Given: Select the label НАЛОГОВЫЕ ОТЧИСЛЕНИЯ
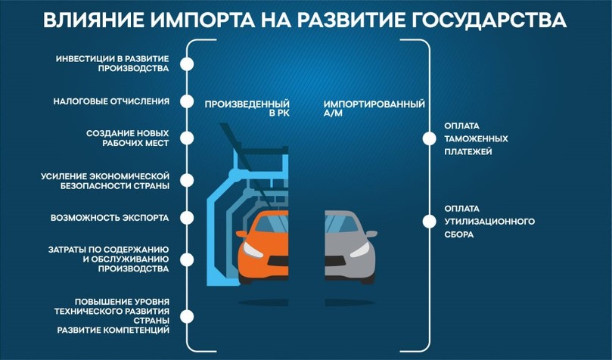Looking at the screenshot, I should (x=111, y=101).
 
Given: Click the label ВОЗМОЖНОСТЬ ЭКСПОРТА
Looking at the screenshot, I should (x=110, y=218).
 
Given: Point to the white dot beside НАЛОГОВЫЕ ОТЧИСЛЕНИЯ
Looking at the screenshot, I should (x=187, y=101).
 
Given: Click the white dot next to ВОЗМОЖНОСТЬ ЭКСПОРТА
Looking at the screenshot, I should (x=187, y=218).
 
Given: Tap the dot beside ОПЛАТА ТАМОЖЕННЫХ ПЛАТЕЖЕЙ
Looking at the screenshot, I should (x=429, y=138).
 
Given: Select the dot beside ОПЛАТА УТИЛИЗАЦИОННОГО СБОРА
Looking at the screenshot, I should (x=429, y=221).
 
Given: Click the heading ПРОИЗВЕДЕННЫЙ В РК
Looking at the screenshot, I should (x=247, y=108).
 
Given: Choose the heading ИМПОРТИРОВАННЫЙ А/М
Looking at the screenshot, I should (x=374, y=108).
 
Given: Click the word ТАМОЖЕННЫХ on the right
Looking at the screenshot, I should (x=476, y=138).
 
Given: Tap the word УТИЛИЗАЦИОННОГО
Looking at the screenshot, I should (x=489, y=221).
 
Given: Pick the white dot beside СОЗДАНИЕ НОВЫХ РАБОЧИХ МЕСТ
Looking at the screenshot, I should (x=187, y=137).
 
